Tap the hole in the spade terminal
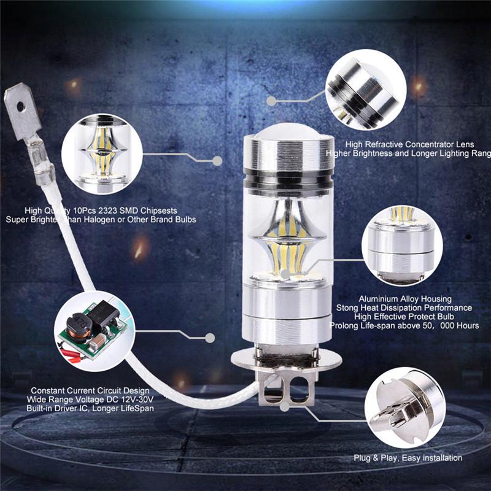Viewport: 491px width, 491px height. pos(20,106)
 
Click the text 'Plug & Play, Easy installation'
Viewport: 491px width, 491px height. pos(408,458)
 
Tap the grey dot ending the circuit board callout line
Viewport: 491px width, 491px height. pos(210,338)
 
